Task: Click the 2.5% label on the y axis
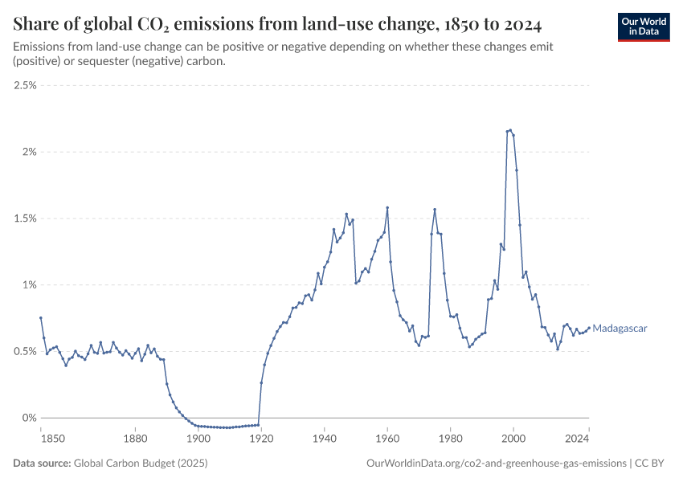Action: tap(26, 85)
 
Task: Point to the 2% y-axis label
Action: tap(31, 152)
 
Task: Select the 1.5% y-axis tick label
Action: tap(26, 219)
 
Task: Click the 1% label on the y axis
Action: tap(31, 285)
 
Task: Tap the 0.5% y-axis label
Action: tap(26, 352)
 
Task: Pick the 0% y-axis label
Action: tap(31, 418)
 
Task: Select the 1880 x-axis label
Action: tap(135, 438)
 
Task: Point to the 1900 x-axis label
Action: tap(198, 438)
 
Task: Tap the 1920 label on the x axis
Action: tap(261, 438)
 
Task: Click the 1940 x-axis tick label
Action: tap(325, 438)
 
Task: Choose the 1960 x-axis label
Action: tap(387, 438)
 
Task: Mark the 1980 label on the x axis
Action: tap(450, 438)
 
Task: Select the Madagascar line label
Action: tap(620, 328)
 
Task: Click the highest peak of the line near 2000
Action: tap(510, 130)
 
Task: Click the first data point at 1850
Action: tap(41, 318)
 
